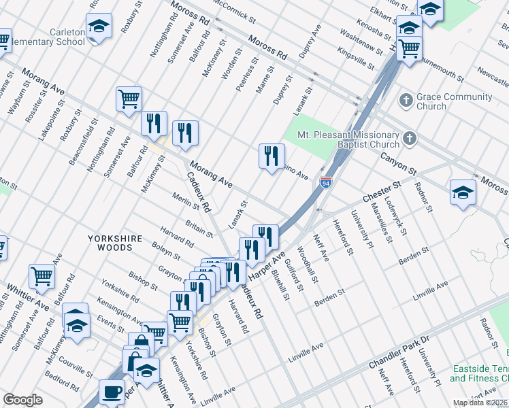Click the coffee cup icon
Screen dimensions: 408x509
click(x=112, y=392)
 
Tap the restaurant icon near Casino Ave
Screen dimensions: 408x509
click(x=272, y=156)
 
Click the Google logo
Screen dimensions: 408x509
click(x=22, y=400)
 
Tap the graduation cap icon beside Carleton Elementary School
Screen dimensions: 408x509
click(x=99, y=27)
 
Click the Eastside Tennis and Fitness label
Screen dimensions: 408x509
click(x=479, y=373)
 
